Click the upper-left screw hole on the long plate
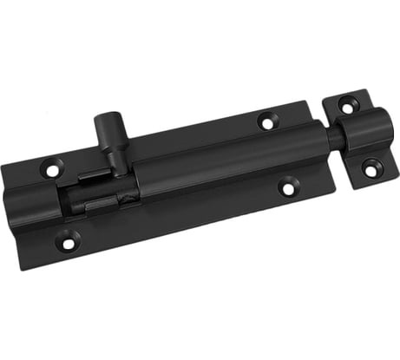click(53, 170)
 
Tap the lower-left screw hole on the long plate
click(67, 242)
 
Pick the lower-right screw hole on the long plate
click(287, 187)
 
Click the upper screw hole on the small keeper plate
click(349, 105)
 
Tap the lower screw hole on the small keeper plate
click(371, 169)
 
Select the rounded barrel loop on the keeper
click(357, 134)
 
